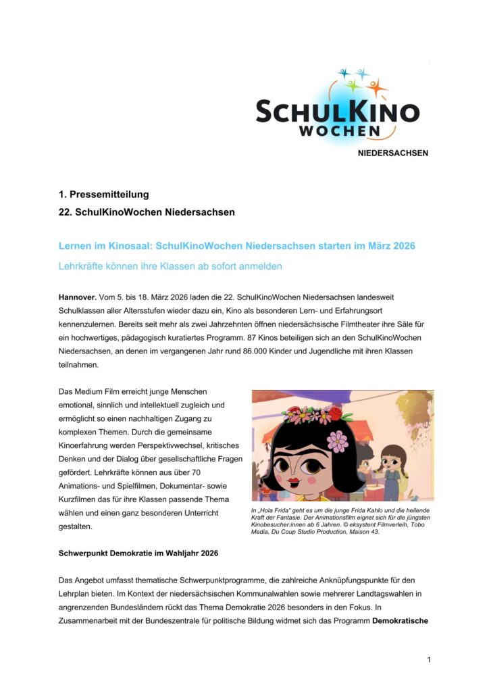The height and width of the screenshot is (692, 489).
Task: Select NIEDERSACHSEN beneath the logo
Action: [392, 153]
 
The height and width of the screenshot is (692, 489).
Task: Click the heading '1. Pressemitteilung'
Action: [103, 195]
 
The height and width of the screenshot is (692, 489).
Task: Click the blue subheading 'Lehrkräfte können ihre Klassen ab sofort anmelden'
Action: [170, 266]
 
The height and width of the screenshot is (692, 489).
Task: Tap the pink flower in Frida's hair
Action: [336, 441]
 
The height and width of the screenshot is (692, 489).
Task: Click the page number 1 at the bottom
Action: [428, 659]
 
